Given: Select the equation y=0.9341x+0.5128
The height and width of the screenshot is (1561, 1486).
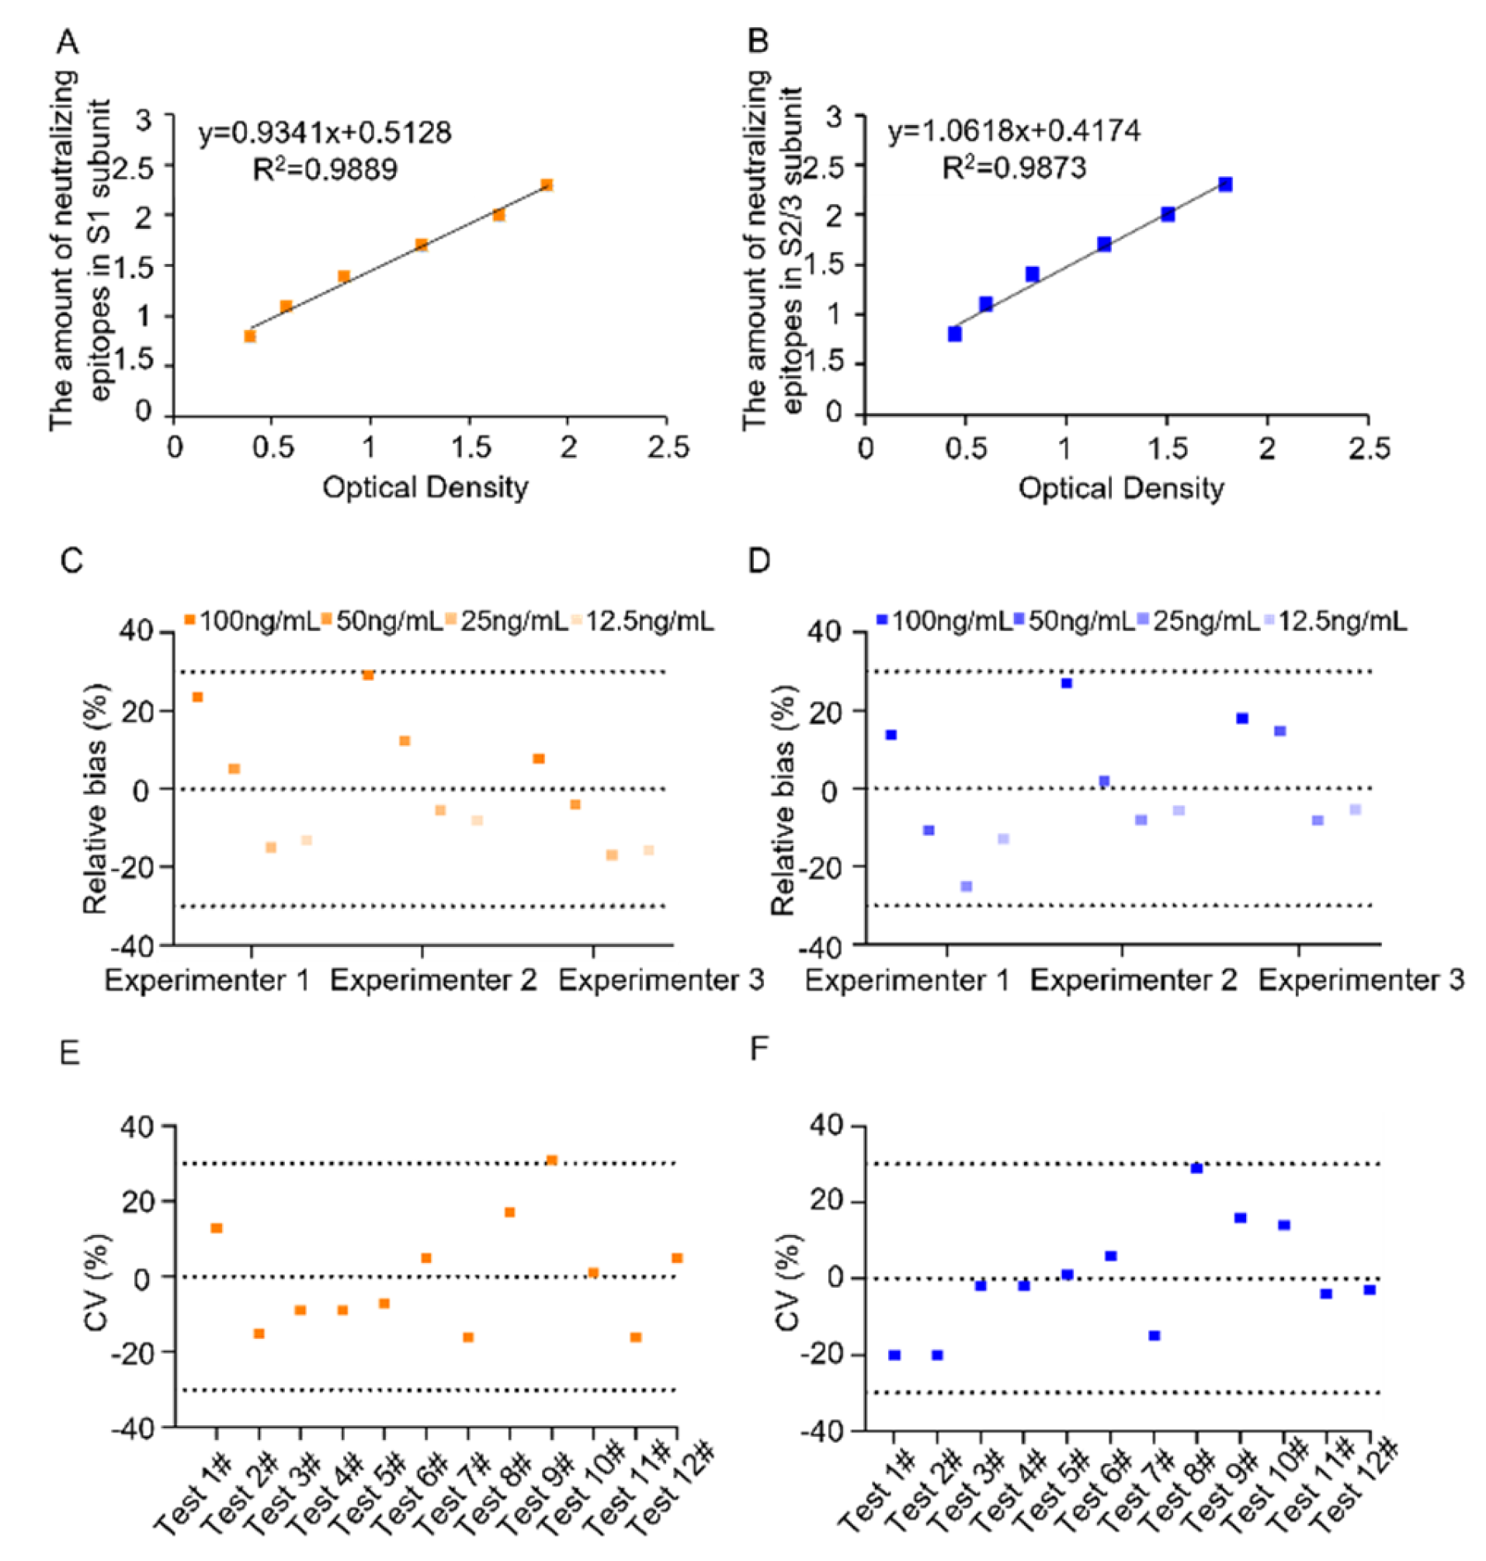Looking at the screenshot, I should (325, 131).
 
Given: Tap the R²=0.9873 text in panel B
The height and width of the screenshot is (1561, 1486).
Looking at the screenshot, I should (1014, 168).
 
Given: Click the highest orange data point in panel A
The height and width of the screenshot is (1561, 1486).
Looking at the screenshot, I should (547, 185).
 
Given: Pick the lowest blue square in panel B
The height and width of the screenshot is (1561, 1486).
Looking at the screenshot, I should (954, 335).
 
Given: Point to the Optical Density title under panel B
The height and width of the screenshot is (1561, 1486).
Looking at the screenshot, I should (1121, 488).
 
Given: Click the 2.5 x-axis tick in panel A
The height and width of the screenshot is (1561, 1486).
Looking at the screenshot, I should (667, 447).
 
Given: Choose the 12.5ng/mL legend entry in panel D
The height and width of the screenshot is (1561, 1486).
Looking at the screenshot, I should (1335, 622).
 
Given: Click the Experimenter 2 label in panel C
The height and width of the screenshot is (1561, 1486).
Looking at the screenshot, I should (433, 981).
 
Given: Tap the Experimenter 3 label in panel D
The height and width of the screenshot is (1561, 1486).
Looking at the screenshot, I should (1361, 981).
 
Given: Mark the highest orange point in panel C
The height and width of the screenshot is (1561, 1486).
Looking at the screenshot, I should (368, 675).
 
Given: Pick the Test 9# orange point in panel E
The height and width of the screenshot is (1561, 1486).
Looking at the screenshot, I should (552, 1160).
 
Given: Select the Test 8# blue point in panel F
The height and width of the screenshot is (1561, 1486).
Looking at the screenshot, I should (1197, 1168).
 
